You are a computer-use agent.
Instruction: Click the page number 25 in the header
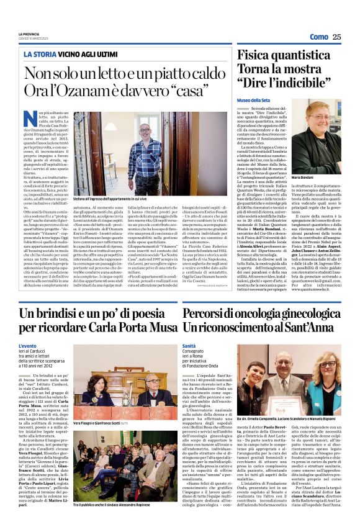[336, 37]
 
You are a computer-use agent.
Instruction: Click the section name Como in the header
[318, 37]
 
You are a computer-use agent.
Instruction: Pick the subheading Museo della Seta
[254, 100]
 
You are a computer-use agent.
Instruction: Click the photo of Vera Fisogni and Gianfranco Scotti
[116, 377]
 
